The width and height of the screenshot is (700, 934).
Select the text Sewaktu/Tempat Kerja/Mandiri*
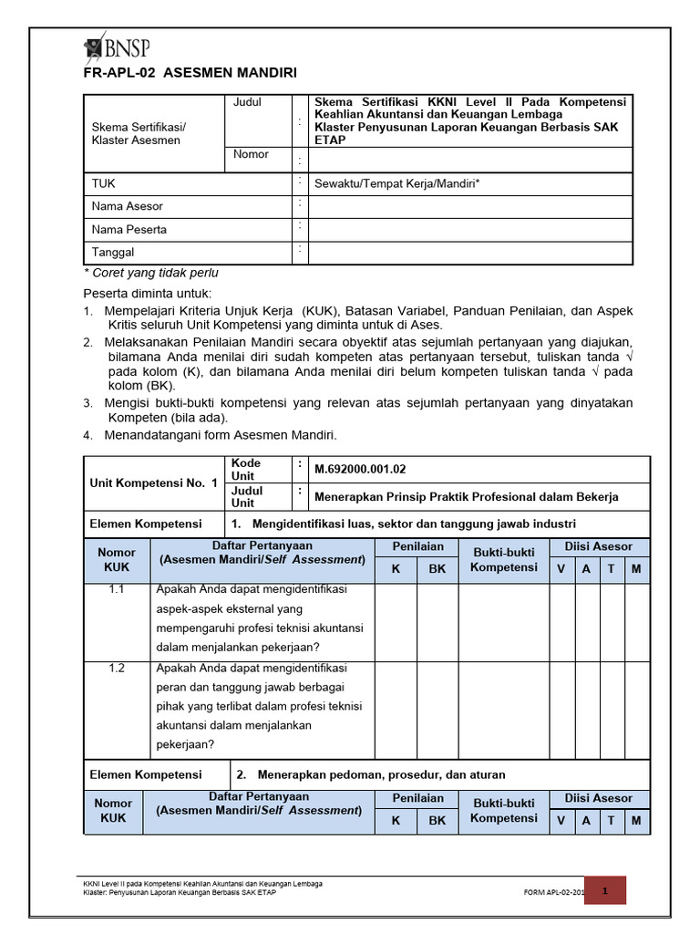(x=397, y=183)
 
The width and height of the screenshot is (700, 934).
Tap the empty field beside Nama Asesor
(x=470, y=206)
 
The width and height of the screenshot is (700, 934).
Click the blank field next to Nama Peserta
(x=470, y=229)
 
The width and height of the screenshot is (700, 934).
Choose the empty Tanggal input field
(x=470, y=253)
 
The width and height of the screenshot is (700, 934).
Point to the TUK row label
(x=104, y=183)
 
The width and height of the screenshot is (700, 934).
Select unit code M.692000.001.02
(x=360, y=470)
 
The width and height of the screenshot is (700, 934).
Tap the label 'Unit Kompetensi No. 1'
(x=153, y=483)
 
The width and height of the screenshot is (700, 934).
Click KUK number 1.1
(x=117, y=590)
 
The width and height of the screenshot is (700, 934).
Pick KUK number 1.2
(x=117, y=669)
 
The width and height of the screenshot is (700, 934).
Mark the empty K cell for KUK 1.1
(x=396, y=621)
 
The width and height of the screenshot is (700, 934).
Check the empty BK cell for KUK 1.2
(x=437, y=707)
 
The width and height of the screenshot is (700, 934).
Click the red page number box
(x=604, y=889)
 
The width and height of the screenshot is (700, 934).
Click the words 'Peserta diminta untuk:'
(x=148, y=294)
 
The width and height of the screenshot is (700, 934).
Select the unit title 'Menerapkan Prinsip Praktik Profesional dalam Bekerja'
(x=466, y=497)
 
